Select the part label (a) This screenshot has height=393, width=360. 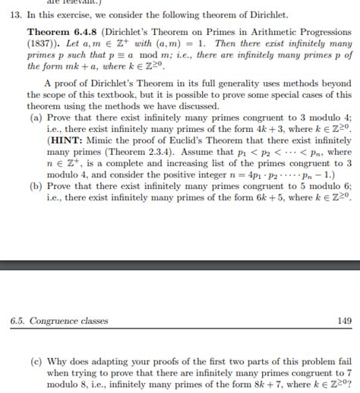tap(36, 119)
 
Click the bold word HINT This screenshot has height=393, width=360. tap(66, 141)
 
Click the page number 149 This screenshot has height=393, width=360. tap(343, 321)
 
